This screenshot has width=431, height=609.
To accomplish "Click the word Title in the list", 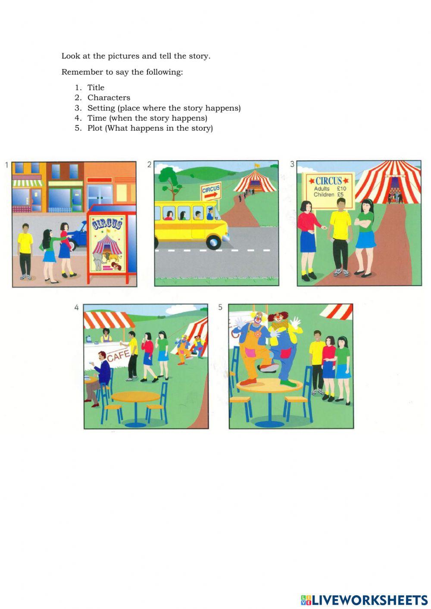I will coord(96,87).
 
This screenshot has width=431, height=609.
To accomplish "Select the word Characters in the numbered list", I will coord(109,98).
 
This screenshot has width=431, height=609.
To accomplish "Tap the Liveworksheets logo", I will coord(364,600).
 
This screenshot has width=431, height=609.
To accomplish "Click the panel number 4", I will coord(76,308).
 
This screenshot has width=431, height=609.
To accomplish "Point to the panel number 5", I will coord(221,308).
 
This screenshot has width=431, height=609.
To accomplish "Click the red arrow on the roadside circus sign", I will coord(211,195).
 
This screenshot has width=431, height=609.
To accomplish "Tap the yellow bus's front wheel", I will coord(213,242).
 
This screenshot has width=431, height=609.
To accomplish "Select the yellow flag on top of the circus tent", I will coord(257,165).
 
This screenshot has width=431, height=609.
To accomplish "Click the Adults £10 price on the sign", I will coord(330,189).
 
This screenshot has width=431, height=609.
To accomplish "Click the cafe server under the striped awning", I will coord(105,335).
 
